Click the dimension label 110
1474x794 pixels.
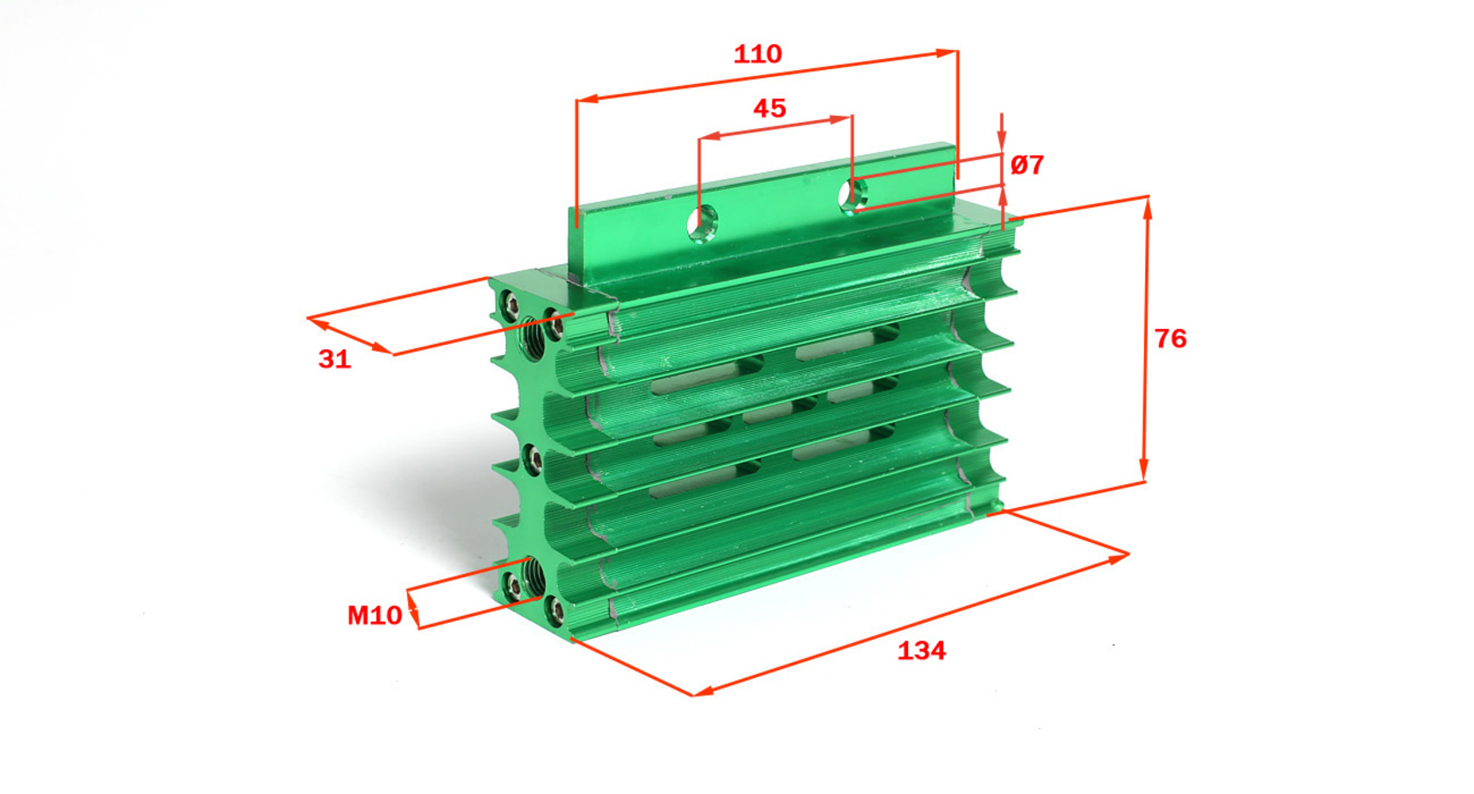pos(757,54)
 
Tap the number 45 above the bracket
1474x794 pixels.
pos(769,109)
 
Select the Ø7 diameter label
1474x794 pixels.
pos(1027,165)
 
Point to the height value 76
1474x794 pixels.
pos(1170,339)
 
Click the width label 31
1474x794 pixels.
pos(335,359)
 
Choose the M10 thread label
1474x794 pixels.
pos(375,616)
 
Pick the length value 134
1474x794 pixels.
pos(921,651)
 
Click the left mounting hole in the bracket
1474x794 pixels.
pos(703,222)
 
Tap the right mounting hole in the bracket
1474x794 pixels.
pos(853,193)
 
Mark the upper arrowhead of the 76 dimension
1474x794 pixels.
pos(1148,208)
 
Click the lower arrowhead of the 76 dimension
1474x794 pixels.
pos(1144,469)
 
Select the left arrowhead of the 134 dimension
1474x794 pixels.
pos(704,690)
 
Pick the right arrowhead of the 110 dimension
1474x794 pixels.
pos(947,53)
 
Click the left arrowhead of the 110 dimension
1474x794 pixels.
pos(588,98)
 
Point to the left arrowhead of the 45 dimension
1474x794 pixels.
pos(709,136)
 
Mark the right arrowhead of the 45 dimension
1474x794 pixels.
pos(841,119)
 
